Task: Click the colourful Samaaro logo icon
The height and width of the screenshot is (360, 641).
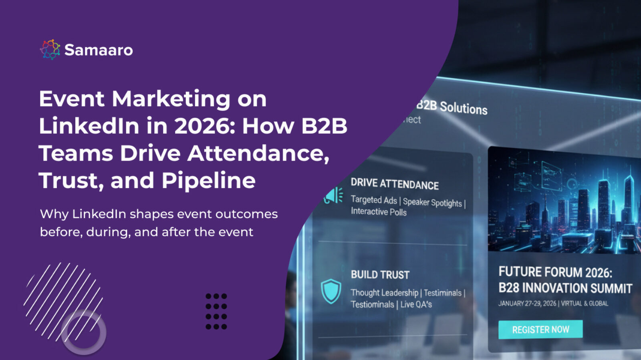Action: [x=50, y=50]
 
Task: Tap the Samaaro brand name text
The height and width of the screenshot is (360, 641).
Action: [x=99, y=50]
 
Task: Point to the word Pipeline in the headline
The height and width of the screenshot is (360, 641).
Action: [x=209, y=180]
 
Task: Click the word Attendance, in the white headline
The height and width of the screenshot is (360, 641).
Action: [x=258, y=153]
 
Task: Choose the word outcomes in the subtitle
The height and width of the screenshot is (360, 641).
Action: [x=246, y=214]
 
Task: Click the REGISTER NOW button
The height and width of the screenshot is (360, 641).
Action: [x=540, y=330]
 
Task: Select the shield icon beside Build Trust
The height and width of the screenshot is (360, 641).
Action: [x=331, y=292]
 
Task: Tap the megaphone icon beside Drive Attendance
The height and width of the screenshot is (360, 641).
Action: [x=333, y=195]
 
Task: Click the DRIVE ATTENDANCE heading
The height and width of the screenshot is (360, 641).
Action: [x=395, y=184]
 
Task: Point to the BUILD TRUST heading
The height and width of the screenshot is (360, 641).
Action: [x=380, y=275]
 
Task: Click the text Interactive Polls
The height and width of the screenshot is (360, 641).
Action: [x=379, y=211]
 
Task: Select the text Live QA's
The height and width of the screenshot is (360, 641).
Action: [x=416, y=304]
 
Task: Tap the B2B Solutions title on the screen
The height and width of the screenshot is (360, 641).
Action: [x=452, y=107]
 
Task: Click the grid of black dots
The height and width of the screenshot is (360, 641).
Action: [x=216, y=312]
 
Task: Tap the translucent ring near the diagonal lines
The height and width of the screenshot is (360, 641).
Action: [x=84, y=332]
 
